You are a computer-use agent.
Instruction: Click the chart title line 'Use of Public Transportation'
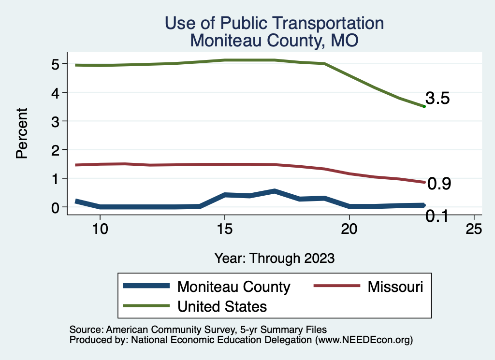pos(274,23)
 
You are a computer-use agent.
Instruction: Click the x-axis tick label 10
pos(100,229)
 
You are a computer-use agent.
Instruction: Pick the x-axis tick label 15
pos(224,229)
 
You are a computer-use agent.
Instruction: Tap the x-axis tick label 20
pos(349,229)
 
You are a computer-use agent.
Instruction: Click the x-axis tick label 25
pos(474,229)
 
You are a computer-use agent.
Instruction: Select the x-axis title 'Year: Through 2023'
pos(274,258)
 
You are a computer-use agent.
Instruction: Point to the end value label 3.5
pos(438,99)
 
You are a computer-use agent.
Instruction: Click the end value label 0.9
pos(439,184)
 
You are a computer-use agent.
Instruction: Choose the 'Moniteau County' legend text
pos(234,287)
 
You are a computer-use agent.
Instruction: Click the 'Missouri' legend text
pos(395,287)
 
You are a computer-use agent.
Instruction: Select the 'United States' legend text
pos(222,306)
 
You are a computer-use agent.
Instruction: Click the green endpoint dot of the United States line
pos(424,106)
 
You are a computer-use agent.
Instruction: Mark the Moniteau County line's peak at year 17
pos(274,191)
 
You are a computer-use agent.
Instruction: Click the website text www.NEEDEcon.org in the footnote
pos(364,340)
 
